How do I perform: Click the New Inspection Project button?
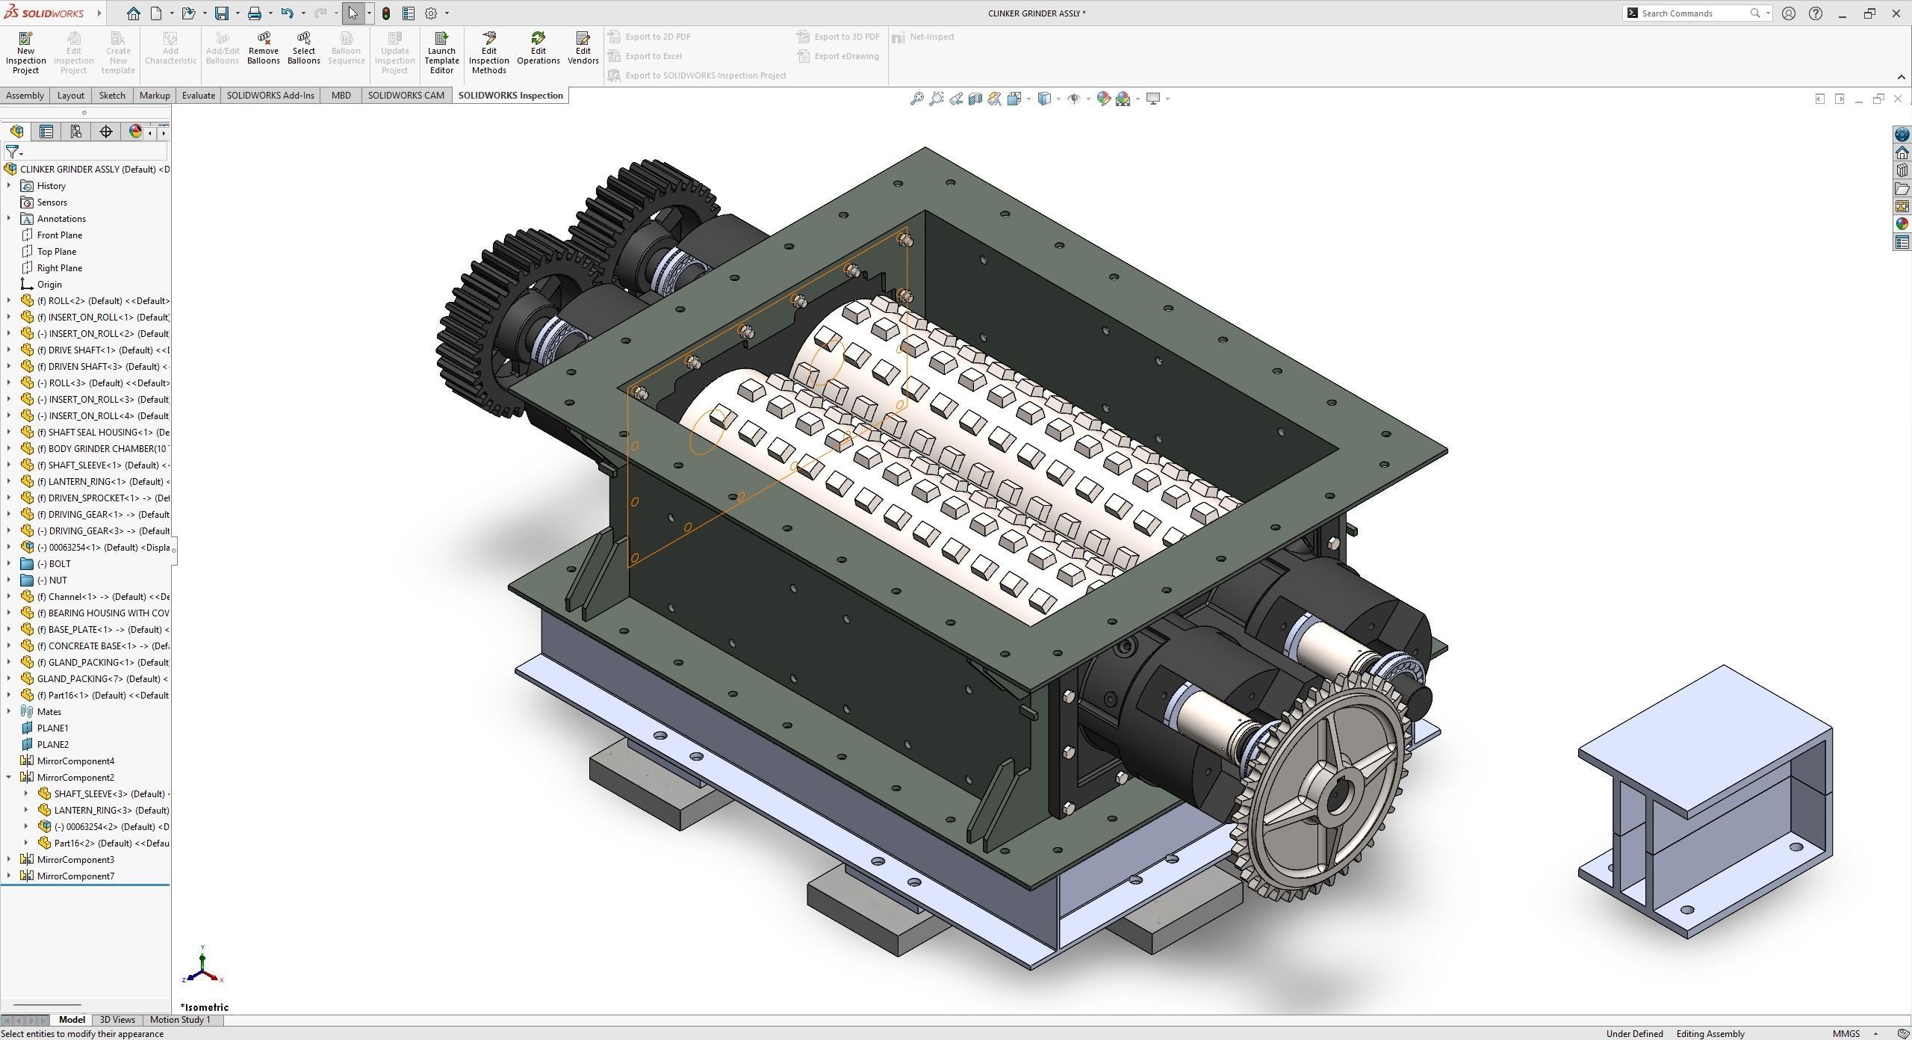point(25,52)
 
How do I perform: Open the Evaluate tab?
point(198,95)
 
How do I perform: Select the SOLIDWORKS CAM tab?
point(406,95)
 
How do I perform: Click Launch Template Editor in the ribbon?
point(441,52)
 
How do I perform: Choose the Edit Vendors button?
point(583,49)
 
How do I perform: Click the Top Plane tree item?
point(57,252)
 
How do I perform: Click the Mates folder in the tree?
point(49,712)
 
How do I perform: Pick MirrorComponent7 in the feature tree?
point(75,876)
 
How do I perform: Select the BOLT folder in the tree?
point(59,564)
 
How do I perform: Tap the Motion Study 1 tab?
point(180,1020)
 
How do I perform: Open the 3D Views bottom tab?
point(117,1020)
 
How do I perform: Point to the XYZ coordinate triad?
point(202,968)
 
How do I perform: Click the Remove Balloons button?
point(263,49)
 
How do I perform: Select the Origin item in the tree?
point(49,285)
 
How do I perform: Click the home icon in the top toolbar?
point(133,13)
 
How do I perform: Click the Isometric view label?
point(205,1007)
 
